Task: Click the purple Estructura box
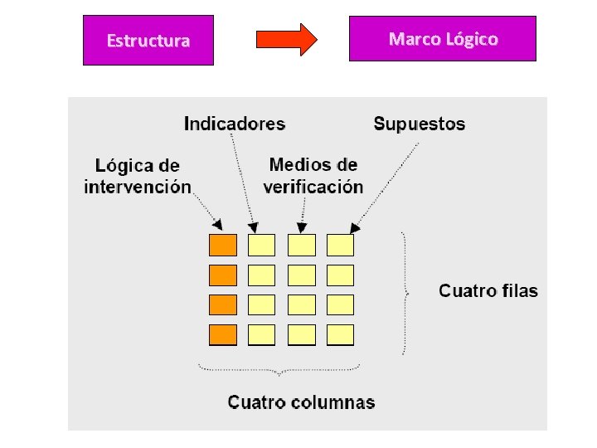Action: point(148,40)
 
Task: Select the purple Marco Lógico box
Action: point(443,39)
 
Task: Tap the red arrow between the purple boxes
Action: point(286,39)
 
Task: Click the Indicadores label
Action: point(234,124)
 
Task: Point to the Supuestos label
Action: point(420,124)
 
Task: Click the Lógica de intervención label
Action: point(138,177)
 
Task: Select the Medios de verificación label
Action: point(313,176)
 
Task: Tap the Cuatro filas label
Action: point(488,291)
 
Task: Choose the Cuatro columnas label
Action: point(302,403)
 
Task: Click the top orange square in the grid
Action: point(222,245)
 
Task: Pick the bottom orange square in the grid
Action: point(222,334)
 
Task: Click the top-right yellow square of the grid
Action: point(340,245)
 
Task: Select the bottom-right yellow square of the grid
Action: point(340,334)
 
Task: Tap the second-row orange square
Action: point(222,275)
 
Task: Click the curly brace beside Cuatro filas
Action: point(405,292)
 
